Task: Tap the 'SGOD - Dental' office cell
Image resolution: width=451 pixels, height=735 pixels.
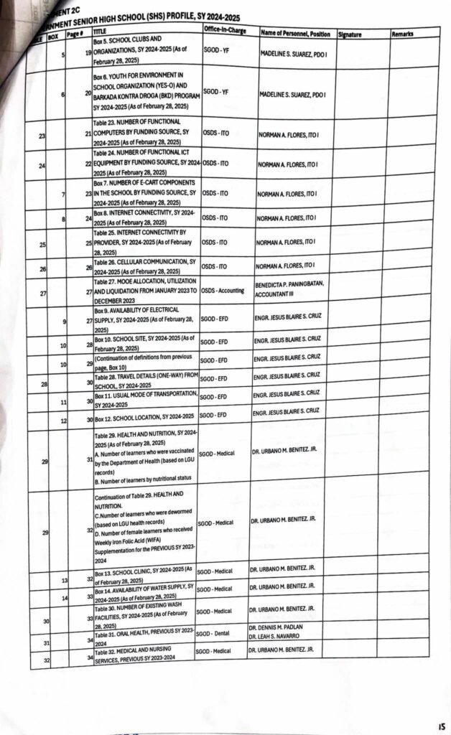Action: [215, 634]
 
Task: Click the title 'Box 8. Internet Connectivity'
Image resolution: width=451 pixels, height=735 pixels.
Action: [145, 217]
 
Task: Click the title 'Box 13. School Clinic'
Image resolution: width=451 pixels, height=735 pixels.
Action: [144, 574]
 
